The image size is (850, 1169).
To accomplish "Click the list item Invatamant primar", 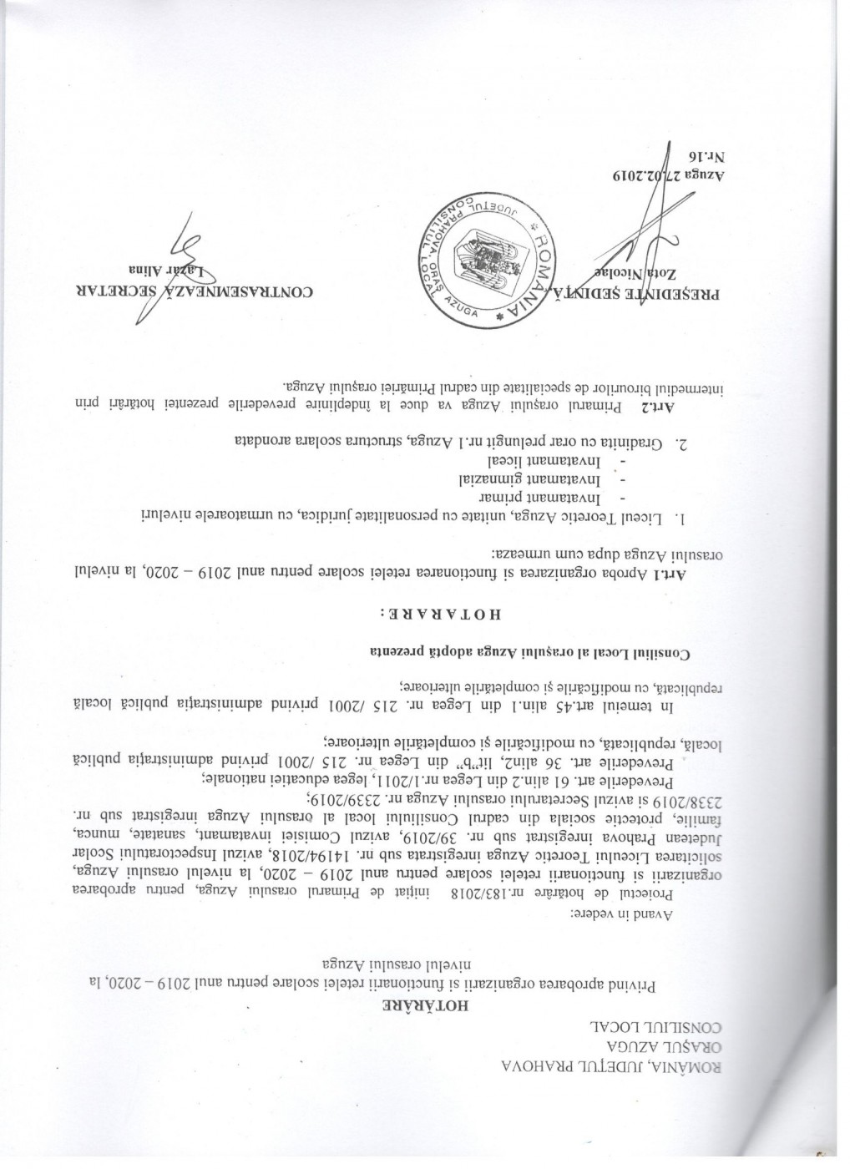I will click(x=592, y=498).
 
